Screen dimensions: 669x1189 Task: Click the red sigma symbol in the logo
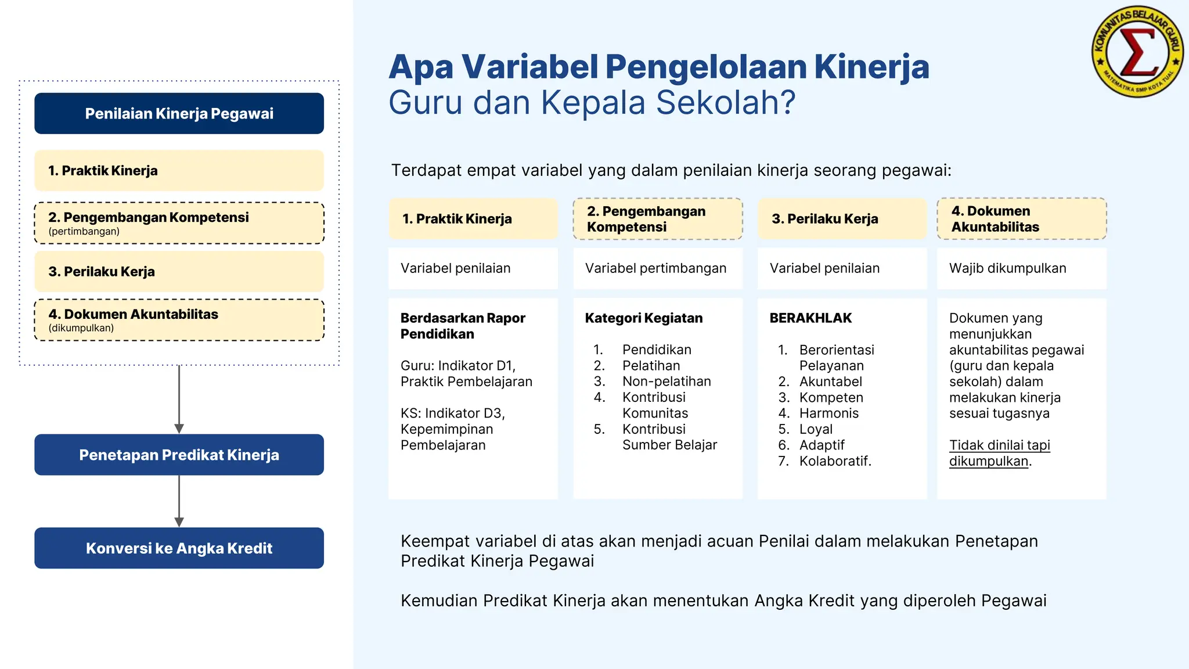tap(1138, 52)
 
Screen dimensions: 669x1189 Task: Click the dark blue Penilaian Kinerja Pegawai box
tap(179, 113)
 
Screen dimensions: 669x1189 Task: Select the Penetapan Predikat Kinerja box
tap(179, 455)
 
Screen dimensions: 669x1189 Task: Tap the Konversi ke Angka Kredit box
tap(179, 548)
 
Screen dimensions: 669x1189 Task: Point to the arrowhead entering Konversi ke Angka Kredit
tap(179, 522)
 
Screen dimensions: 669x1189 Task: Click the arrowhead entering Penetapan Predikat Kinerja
tap(179, 429)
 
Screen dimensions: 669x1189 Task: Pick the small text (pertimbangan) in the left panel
tap(84, 231)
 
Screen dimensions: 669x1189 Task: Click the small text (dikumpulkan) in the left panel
tap(81, 328)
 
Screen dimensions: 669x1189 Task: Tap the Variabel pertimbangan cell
tap(655, 268)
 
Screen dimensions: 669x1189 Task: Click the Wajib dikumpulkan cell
tap(1007, 268)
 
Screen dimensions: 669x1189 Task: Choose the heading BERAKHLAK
tap(810, 318)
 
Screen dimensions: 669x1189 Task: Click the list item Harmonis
tap(828, 413)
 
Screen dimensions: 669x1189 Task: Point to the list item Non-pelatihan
tap(666, 382)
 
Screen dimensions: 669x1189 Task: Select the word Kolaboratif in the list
tap(834, 461)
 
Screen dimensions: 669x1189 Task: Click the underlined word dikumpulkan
tap(988, 461)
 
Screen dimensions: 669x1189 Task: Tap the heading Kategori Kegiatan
tap(643, 318)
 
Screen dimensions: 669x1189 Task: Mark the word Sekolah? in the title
tap(726, 103)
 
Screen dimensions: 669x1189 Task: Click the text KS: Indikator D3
tap(452, 413)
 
